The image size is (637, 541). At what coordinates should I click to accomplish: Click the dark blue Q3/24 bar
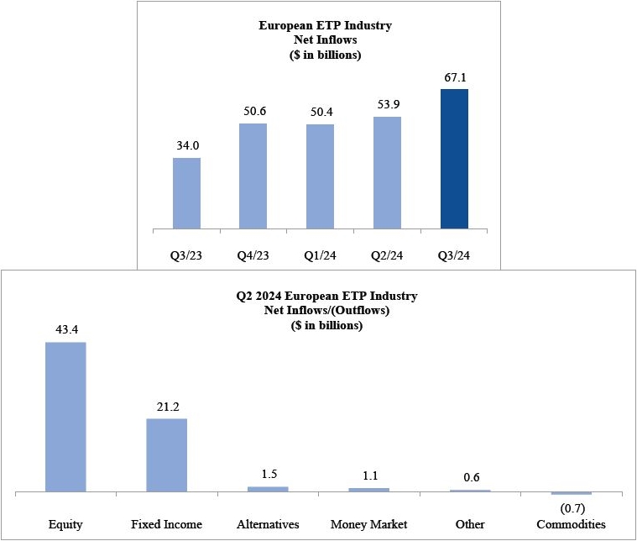(x=454, y=158)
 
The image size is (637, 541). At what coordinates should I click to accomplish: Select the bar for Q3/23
(x=186, y=192)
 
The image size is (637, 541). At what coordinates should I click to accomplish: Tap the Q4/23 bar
(x=253, y=176)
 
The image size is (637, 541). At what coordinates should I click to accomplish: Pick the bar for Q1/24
(x=320, y=176)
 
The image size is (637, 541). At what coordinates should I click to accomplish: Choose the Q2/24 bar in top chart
(x=387, y=172)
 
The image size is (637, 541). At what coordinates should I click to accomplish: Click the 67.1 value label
(x=454, y=78)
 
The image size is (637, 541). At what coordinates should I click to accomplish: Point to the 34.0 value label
(x=186, y=146)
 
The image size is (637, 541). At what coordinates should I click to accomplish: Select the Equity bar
(x=65, y=416)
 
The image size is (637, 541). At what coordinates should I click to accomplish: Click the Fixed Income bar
(x=166, y=454)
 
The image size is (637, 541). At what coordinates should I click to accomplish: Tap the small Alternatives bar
(x=268, y=489)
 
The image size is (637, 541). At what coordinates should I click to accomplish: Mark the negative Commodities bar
(x=571, y=493)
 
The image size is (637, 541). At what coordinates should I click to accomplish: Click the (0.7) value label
(x=571, y=507)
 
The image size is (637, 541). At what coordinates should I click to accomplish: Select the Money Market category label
(x=369, y=524)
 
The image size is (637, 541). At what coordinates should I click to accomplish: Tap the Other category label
(x=470, y=524)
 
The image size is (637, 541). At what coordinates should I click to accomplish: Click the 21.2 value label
(x=166, y=407)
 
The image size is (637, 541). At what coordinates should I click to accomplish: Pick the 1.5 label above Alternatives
(x=268, y=475)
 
